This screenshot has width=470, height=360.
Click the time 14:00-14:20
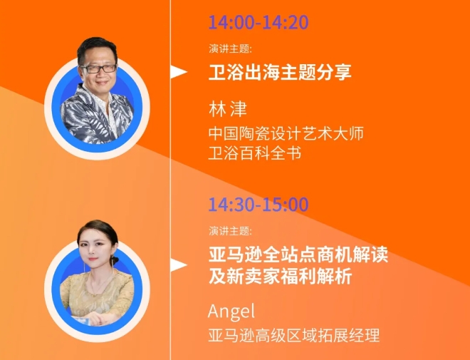point(258,22)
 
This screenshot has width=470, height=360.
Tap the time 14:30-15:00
point(258,205)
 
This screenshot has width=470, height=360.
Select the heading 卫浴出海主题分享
point(280,72)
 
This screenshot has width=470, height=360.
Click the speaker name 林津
point(228,109)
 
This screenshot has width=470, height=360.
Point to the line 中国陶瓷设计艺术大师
point(286,133)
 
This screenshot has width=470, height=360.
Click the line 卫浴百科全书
point(255,153)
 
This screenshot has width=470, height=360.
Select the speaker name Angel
point(231,312)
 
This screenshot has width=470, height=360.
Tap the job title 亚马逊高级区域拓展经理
point(293,335)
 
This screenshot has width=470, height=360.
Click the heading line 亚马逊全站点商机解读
point(298,254)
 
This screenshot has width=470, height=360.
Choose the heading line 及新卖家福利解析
point(280,276)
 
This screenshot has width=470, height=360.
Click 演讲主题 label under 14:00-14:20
point(230,48)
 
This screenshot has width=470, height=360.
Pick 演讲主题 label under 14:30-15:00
point(230,231)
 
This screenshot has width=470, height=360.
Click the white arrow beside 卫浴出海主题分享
point(179,72)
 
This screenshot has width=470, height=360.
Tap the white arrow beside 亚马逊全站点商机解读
point(179,265)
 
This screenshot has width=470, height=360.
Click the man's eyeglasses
point(98,68)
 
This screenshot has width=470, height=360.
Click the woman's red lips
point(93,259)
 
